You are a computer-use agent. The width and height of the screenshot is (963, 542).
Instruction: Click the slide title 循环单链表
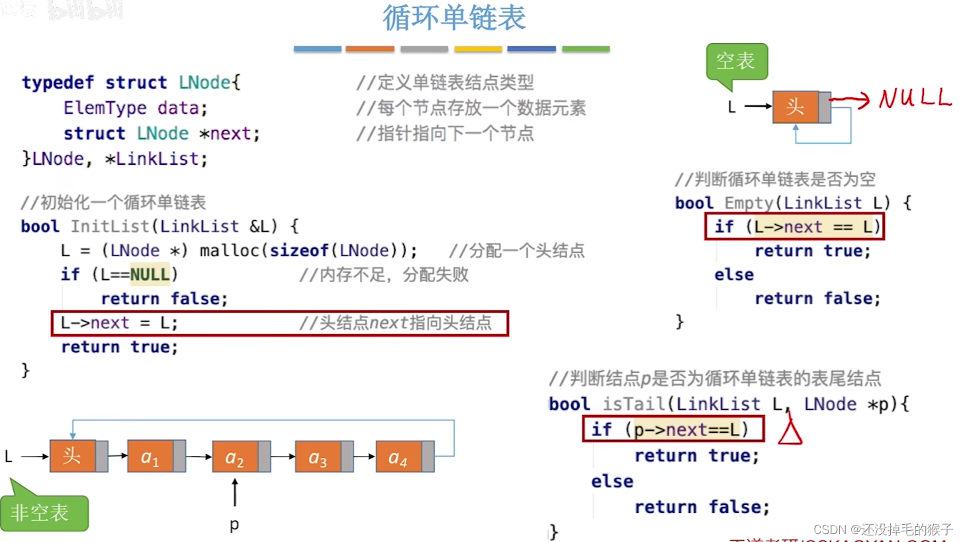pyautogui.click(x=454, y=19)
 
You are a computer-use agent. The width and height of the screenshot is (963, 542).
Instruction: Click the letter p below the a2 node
pyautogui.click(x=234, y=525)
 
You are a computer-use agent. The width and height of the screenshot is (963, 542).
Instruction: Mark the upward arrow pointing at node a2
pyautogui.click(x=235, y=493)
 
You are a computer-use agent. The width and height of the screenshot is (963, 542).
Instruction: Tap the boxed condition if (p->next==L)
pyautogui.click(x=674, y=429)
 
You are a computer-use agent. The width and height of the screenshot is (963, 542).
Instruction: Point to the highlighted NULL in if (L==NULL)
pyautogui.click(x=150, y=274)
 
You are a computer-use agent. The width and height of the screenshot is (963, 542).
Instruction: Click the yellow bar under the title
pyautogui.click(x=478, y=49)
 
